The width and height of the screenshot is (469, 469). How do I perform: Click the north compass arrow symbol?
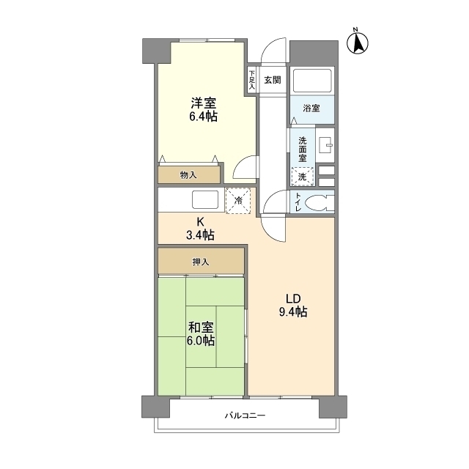(x=358, y=42)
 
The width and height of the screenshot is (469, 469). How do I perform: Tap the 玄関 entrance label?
(x=272, y=80)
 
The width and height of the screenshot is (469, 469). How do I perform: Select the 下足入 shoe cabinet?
(x=252, y=80)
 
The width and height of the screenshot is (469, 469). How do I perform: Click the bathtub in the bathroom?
(x=312, y=81)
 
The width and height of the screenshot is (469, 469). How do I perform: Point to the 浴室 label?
(x=311, y=108)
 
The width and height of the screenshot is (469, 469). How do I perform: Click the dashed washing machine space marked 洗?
(x=303, y=177)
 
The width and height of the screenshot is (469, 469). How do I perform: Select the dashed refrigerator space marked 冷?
(x=238, y=201)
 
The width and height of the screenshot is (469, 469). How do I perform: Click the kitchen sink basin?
(x=206, y=199)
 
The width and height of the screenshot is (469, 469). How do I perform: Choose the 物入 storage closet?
(x=189, y=174)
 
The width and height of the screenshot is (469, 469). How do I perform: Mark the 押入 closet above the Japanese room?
(x=201, y=261)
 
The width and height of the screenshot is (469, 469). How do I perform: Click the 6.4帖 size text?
(x=203, y=117)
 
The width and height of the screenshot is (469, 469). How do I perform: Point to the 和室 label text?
(x=201, y=328)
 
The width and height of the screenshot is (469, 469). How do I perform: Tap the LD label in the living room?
(x=293, y=298)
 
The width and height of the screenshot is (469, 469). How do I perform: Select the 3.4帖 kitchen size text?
(x=200, y=235)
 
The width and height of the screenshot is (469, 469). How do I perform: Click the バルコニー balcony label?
(x=245, y=416)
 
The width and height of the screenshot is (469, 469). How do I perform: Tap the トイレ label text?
(x=298, y=202)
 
